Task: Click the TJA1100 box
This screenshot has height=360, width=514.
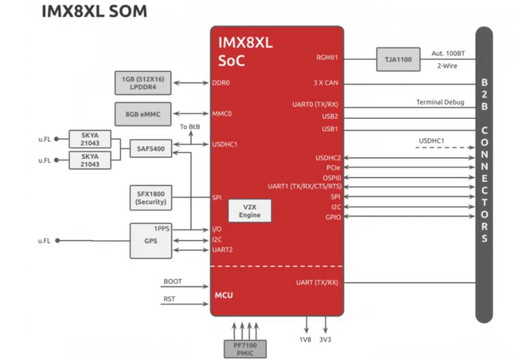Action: pyautogui.click(x=398, y=59)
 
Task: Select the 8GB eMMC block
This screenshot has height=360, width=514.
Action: pyautogui.click(x=142, y=113)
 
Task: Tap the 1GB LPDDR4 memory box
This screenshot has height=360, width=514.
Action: pyautogui.click(x=142, y=83)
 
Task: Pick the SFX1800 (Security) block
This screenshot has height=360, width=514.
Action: pyautogui.click(x=150, y=198)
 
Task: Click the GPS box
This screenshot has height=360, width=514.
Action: pyautogui.click(x=150, y=240)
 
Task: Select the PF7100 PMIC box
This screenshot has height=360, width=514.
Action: pyautogui.click(x=245, y=346)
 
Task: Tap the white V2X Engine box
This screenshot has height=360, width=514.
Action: pyautogui.click(x=250, y=210)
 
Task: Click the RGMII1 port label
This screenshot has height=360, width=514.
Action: pyautogui.click(x=327, y=58)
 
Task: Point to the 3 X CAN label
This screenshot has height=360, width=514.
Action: pyautogui.click(x=326, y=83)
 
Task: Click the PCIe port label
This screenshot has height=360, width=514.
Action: pyautogui.click(x=333, y=167)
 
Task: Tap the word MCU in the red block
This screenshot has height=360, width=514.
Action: pyautogui.click(x=224, y=295)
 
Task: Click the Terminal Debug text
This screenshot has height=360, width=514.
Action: pyautogui.click(x=440, y=102)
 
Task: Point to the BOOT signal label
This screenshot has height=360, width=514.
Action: pyautogui.click(x=172, y=281)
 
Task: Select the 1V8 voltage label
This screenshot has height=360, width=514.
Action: pyautogui.click(x=306, y=340)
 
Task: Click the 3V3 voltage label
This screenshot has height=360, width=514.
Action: pyautogui.click(x=326, y=340)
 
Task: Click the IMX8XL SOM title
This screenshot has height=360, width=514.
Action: pyautogui.click(x=94, y=11)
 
